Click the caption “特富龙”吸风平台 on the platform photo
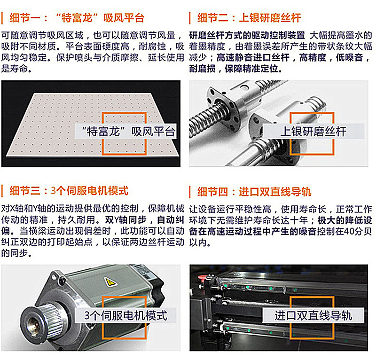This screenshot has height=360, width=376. [127, 132]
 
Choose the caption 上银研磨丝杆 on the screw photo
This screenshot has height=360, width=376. [313, 132]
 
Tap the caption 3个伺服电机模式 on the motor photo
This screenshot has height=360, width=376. [125, 314]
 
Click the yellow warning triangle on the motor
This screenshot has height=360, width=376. [110, 282]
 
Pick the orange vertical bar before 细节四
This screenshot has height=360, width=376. [190, 192]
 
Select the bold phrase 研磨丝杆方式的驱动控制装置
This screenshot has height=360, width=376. [247, 36]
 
